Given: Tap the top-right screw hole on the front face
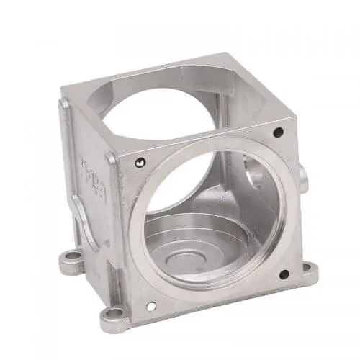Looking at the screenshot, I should point(278,132).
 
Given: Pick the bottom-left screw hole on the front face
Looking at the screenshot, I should point(150,306).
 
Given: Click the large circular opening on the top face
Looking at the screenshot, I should point(162,108).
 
